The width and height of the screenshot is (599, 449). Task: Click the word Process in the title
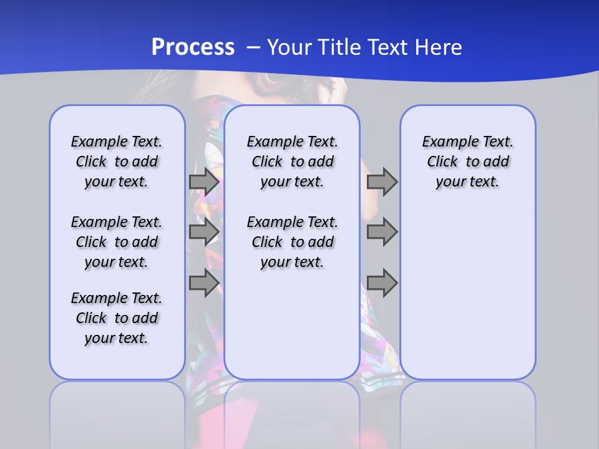pos(193,47)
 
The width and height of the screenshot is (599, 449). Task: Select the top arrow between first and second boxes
pos(204,181)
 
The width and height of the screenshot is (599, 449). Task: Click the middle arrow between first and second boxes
pos(204,232)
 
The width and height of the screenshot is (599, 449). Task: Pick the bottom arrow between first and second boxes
pos(204,283)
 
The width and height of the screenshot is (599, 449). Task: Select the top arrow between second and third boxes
pos(382,181)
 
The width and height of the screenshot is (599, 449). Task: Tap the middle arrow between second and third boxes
pos(382,232)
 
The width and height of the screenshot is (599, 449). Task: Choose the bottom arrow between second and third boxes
pos(382,283)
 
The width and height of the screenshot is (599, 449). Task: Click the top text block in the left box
pos(117,162)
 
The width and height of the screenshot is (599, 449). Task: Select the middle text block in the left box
pos(117,242)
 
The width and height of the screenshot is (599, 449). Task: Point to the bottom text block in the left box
pos(117,318)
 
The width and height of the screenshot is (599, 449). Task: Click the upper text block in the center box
pos(292,162)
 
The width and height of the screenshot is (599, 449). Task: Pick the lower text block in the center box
pos(292,242)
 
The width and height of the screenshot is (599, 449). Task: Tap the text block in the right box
pos(467,162)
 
